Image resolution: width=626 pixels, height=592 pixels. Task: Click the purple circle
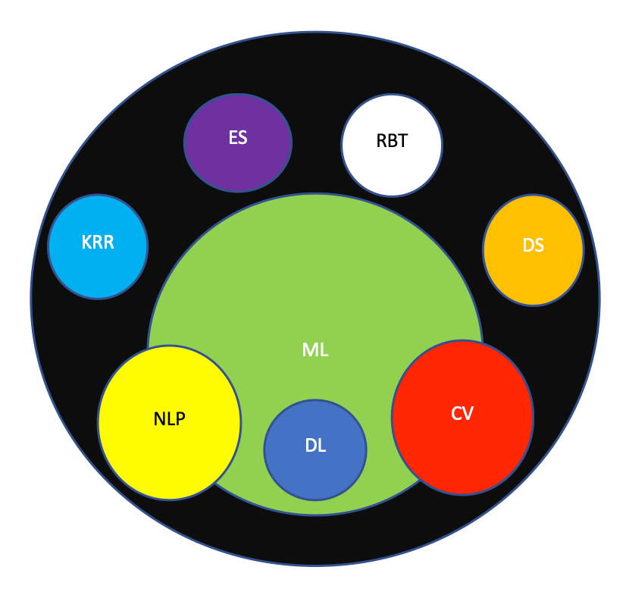tap(238, 143)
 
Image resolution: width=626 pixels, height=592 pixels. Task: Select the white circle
tap(392, 146)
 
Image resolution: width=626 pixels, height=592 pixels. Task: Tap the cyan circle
tap(98, 246)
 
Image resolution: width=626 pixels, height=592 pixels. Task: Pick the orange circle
tap(533, 250)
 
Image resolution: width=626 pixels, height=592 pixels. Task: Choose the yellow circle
tap(169, 422)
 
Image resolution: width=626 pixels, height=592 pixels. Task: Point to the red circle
tap(463, 418)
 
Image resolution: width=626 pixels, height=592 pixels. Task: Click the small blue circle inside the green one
tap(315, 450)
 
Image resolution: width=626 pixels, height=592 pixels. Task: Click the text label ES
tap(238, 138)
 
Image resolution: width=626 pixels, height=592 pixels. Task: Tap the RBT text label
tap(392, 141)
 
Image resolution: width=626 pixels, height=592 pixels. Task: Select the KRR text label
tap(98, 243)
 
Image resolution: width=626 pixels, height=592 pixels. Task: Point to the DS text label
tap(533, 245)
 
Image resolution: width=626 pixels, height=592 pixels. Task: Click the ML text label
tap(315, 350)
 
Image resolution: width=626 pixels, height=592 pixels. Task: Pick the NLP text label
tap(169, 419)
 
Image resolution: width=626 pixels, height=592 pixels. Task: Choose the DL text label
tap(315, 446)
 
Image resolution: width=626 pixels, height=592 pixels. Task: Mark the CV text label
tap(462, 414)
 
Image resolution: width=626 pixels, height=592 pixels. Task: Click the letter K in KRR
tap(86, 243)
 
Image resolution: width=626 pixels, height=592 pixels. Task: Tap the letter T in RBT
tap(402, 141)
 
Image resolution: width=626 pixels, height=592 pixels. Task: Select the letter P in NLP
tap(180, 419)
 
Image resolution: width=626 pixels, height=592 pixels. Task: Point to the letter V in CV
tap(468, 414)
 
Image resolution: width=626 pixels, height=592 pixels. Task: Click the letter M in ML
tap(310, 350)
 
